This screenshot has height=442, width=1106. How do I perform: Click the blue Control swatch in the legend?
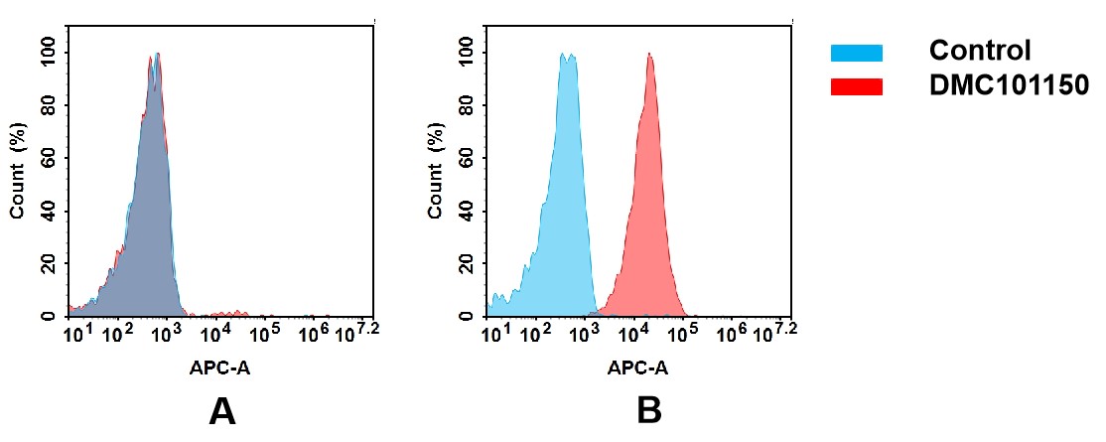click(x=856, y=53)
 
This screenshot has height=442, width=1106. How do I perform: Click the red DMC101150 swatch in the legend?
click(x=856, y=87)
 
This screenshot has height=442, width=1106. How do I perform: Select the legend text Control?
click(x=980, y=51)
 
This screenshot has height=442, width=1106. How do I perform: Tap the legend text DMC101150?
click(x=1010, y=86)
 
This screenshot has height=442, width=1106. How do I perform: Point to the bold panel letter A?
click(x=222, y=410)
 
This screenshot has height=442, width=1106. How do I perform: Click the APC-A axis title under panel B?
click(x=637, y=368)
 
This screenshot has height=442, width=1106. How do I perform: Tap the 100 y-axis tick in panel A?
click(x=46, y=53)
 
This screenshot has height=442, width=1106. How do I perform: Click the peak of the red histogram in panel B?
click(x=649, y=56)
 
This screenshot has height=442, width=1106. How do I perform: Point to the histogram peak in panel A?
click(x=155, y=57)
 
